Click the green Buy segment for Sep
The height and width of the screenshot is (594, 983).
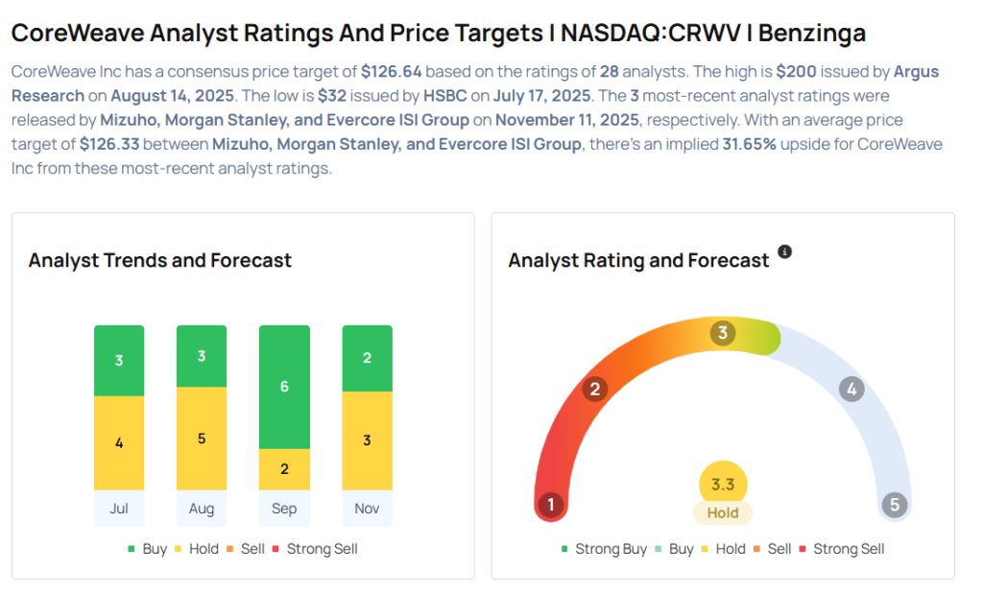pos(284,387)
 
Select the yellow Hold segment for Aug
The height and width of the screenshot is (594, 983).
pos(202,439)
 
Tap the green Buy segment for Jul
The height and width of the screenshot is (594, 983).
pos(119,361)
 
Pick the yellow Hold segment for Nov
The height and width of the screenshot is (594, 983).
pos(367,440)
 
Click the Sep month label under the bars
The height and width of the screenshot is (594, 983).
pos(284,509)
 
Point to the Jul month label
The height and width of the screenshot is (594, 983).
pos(119,509)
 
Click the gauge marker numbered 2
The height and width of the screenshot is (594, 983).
pos(595,389)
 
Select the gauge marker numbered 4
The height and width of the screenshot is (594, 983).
pos(851,389)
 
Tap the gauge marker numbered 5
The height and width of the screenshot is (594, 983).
pos(895,505)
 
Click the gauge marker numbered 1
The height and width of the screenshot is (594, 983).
pos(550,505)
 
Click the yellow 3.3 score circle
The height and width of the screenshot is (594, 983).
pos(723,485)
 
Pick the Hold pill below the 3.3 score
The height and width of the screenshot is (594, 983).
pos(723,512)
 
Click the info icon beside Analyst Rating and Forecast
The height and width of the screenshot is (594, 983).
pos(784,251)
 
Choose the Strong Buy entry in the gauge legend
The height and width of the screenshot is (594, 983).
pos(604,549)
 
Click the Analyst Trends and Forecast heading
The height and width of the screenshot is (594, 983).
pos(160,260)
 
